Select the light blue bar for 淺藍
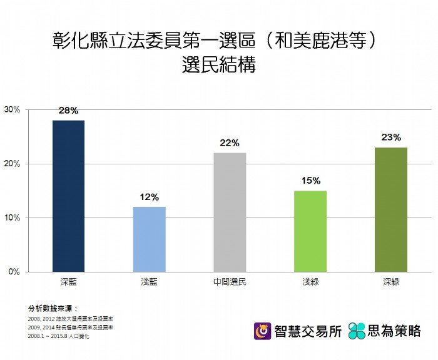[149, 239]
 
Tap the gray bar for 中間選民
[230, 212]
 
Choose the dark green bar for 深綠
[391, 209]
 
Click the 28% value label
[69, 111]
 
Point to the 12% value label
[149, 197]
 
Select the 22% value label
[230, 143]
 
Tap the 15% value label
[310, 181]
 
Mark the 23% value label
[391, 137]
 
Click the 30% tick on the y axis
[13, 109]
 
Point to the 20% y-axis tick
[13, 164]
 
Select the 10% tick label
[13, 218]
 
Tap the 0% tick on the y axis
[14, 272]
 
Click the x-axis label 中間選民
[230, 282]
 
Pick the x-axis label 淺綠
[310, 282]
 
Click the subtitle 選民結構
[218, 66]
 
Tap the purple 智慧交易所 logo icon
[262, 331]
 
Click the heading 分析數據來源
[52, 309]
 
